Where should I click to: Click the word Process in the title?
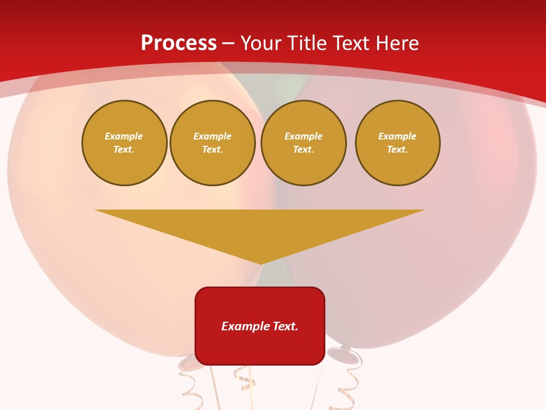tap(179, 43)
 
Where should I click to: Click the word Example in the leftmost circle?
tap(124, 136)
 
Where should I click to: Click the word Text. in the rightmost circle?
tap(398, 150)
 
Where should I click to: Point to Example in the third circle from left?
tap(304, 136)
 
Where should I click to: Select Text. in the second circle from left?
tap(213, 150)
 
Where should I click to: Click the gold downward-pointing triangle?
tap(260, 228)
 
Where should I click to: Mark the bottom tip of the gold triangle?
tap(261, 263)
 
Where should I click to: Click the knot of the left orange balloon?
tap(187, 363)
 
